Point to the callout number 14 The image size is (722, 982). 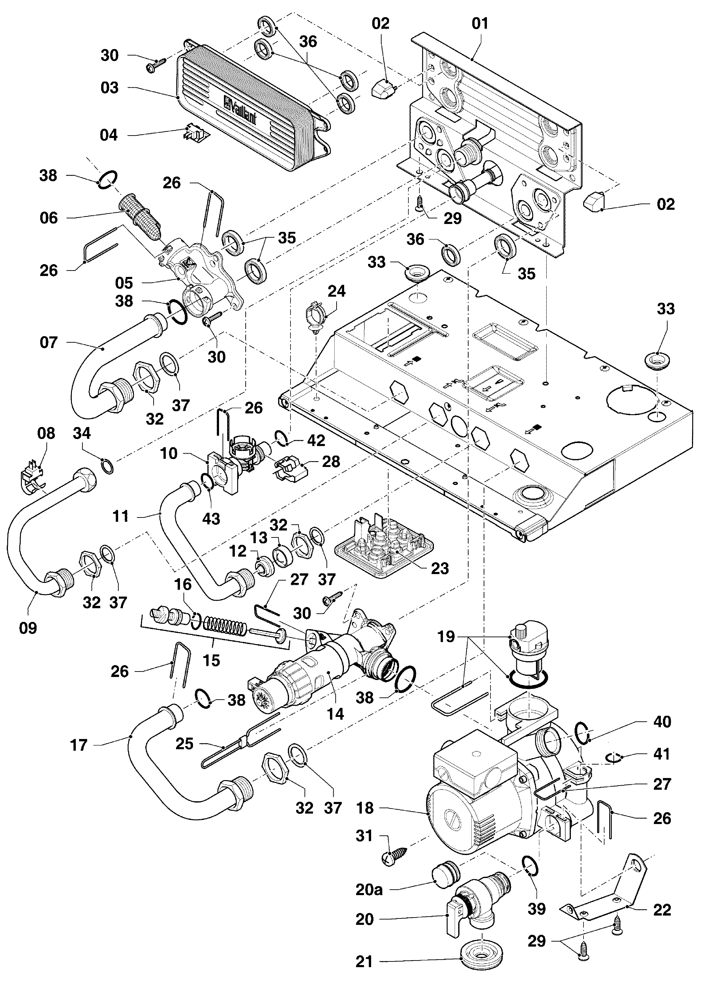pyautogui.click(x=335, y=714)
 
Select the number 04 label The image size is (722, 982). pyautogui.click(x=109, y=135)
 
